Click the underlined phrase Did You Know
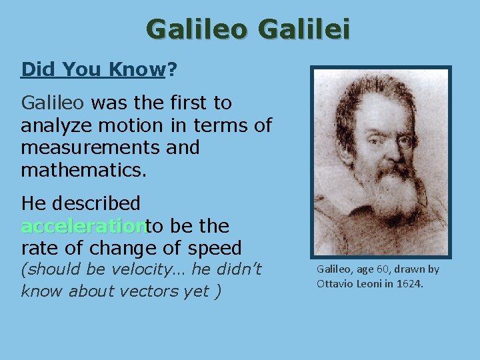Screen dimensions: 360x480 (93, 69)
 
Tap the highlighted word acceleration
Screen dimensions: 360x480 (83, 227)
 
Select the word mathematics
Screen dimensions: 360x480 (83, 169)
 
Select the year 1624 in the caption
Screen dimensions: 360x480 (409, 285)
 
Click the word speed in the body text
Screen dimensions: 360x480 (213, 249)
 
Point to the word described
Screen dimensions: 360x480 (98, 203)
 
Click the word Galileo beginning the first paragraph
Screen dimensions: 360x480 (53, 103)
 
